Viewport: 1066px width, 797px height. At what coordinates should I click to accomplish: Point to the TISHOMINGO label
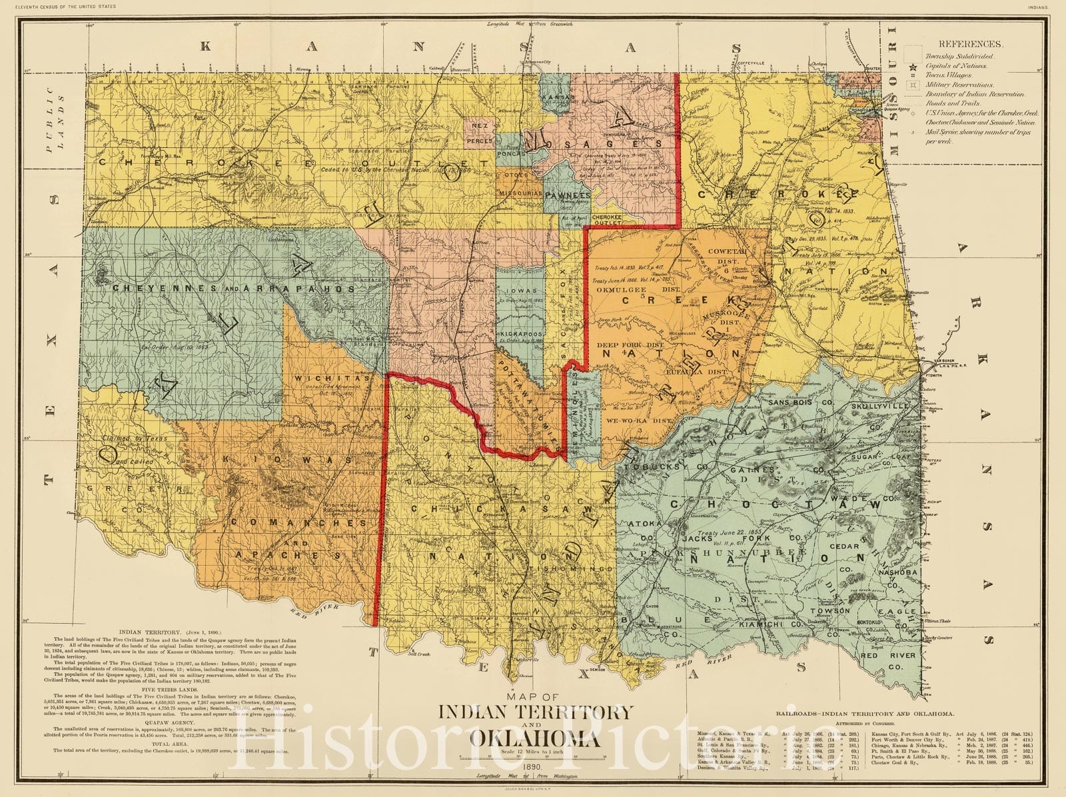pos(582,569)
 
